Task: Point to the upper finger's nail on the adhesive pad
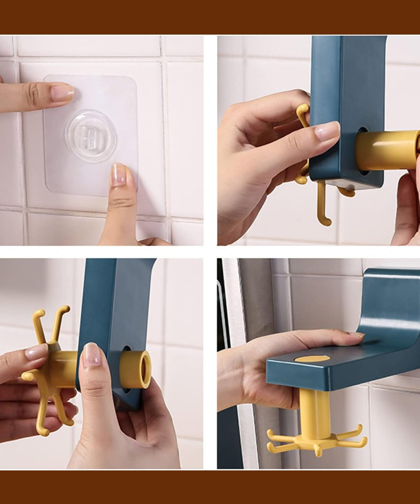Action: click(x=62, y=93)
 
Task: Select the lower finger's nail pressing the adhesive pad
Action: click(x=119, y=175)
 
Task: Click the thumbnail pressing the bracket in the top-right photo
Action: click(x=327, y=131)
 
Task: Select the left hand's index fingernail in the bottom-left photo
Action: click(x=36, y=352)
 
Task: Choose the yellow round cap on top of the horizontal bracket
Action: click(x=311, y=359)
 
